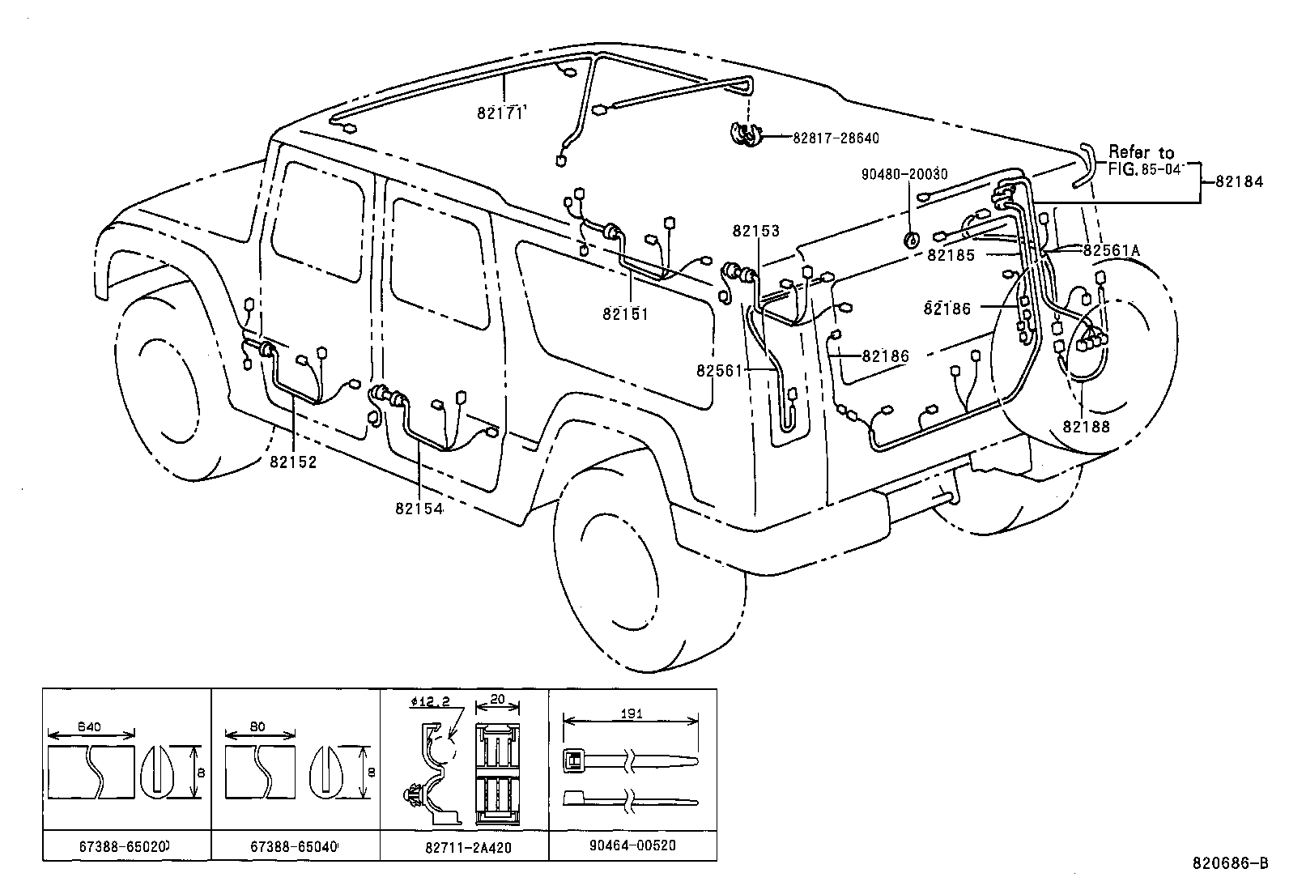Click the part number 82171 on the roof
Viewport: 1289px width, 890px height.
pos(500,114)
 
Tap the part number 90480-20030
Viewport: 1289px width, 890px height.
pos(904,174)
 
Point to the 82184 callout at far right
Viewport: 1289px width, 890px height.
pos(1239,183)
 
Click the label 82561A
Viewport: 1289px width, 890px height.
pos(1111,250)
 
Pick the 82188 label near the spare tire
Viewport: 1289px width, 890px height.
pos(1087,426)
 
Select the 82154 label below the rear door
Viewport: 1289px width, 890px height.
pos(419,508)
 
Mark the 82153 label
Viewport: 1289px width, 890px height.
pos(755,231)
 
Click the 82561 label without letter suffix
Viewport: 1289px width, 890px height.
pos(719,369)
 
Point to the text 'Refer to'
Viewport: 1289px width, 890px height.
pos(1141,152)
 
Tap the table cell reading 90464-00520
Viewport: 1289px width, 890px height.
pos(632,845)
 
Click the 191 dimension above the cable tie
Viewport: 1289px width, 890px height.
pos(632,713)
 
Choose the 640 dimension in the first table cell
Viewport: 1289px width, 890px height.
pos(90,726)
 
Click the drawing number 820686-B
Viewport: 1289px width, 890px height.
pos(1229,862)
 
